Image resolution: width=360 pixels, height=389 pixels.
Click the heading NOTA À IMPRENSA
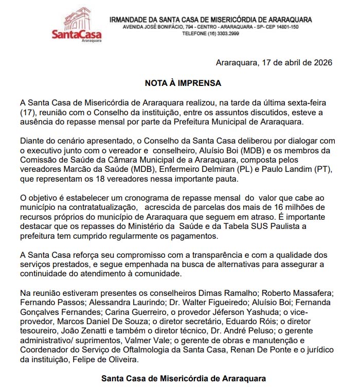coord(183,82)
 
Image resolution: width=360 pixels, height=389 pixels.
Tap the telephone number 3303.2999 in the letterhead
coord(229,33)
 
